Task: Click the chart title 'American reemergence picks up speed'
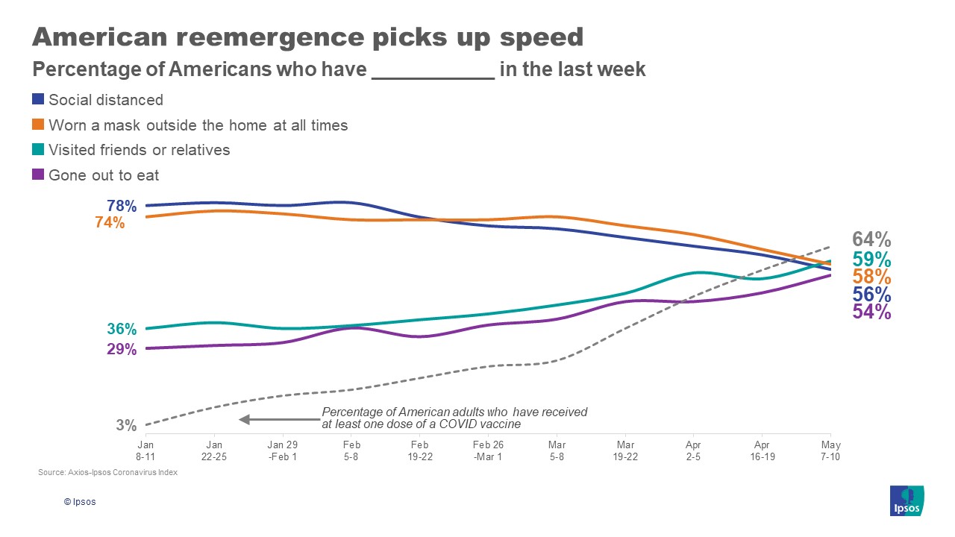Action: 307,37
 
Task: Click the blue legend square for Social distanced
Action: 38,99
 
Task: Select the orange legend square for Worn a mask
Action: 38,125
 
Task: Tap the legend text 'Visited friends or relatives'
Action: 139,150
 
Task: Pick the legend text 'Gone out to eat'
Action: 104,175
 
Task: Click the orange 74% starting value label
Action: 110,222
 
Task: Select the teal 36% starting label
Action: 121,329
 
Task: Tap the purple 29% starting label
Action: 121,349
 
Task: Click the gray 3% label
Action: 126,425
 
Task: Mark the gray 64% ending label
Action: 871,239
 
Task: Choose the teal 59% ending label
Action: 871,260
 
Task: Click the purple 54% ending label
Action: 871,312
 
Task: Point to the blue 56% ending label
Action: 871,295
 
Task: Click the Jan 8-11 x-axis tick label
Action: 145,450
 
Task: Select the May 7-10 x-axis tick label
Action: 830,450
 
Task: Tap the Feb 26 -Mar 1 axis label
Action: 488,450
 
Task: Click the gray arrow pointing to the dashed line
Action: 276,419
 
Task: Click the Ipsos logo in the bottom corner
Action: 907,500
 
